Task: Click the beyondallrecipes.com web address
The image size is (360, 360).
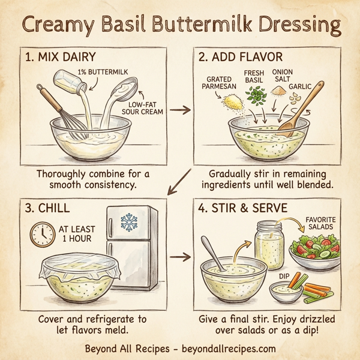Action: (x=228, y=347)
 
